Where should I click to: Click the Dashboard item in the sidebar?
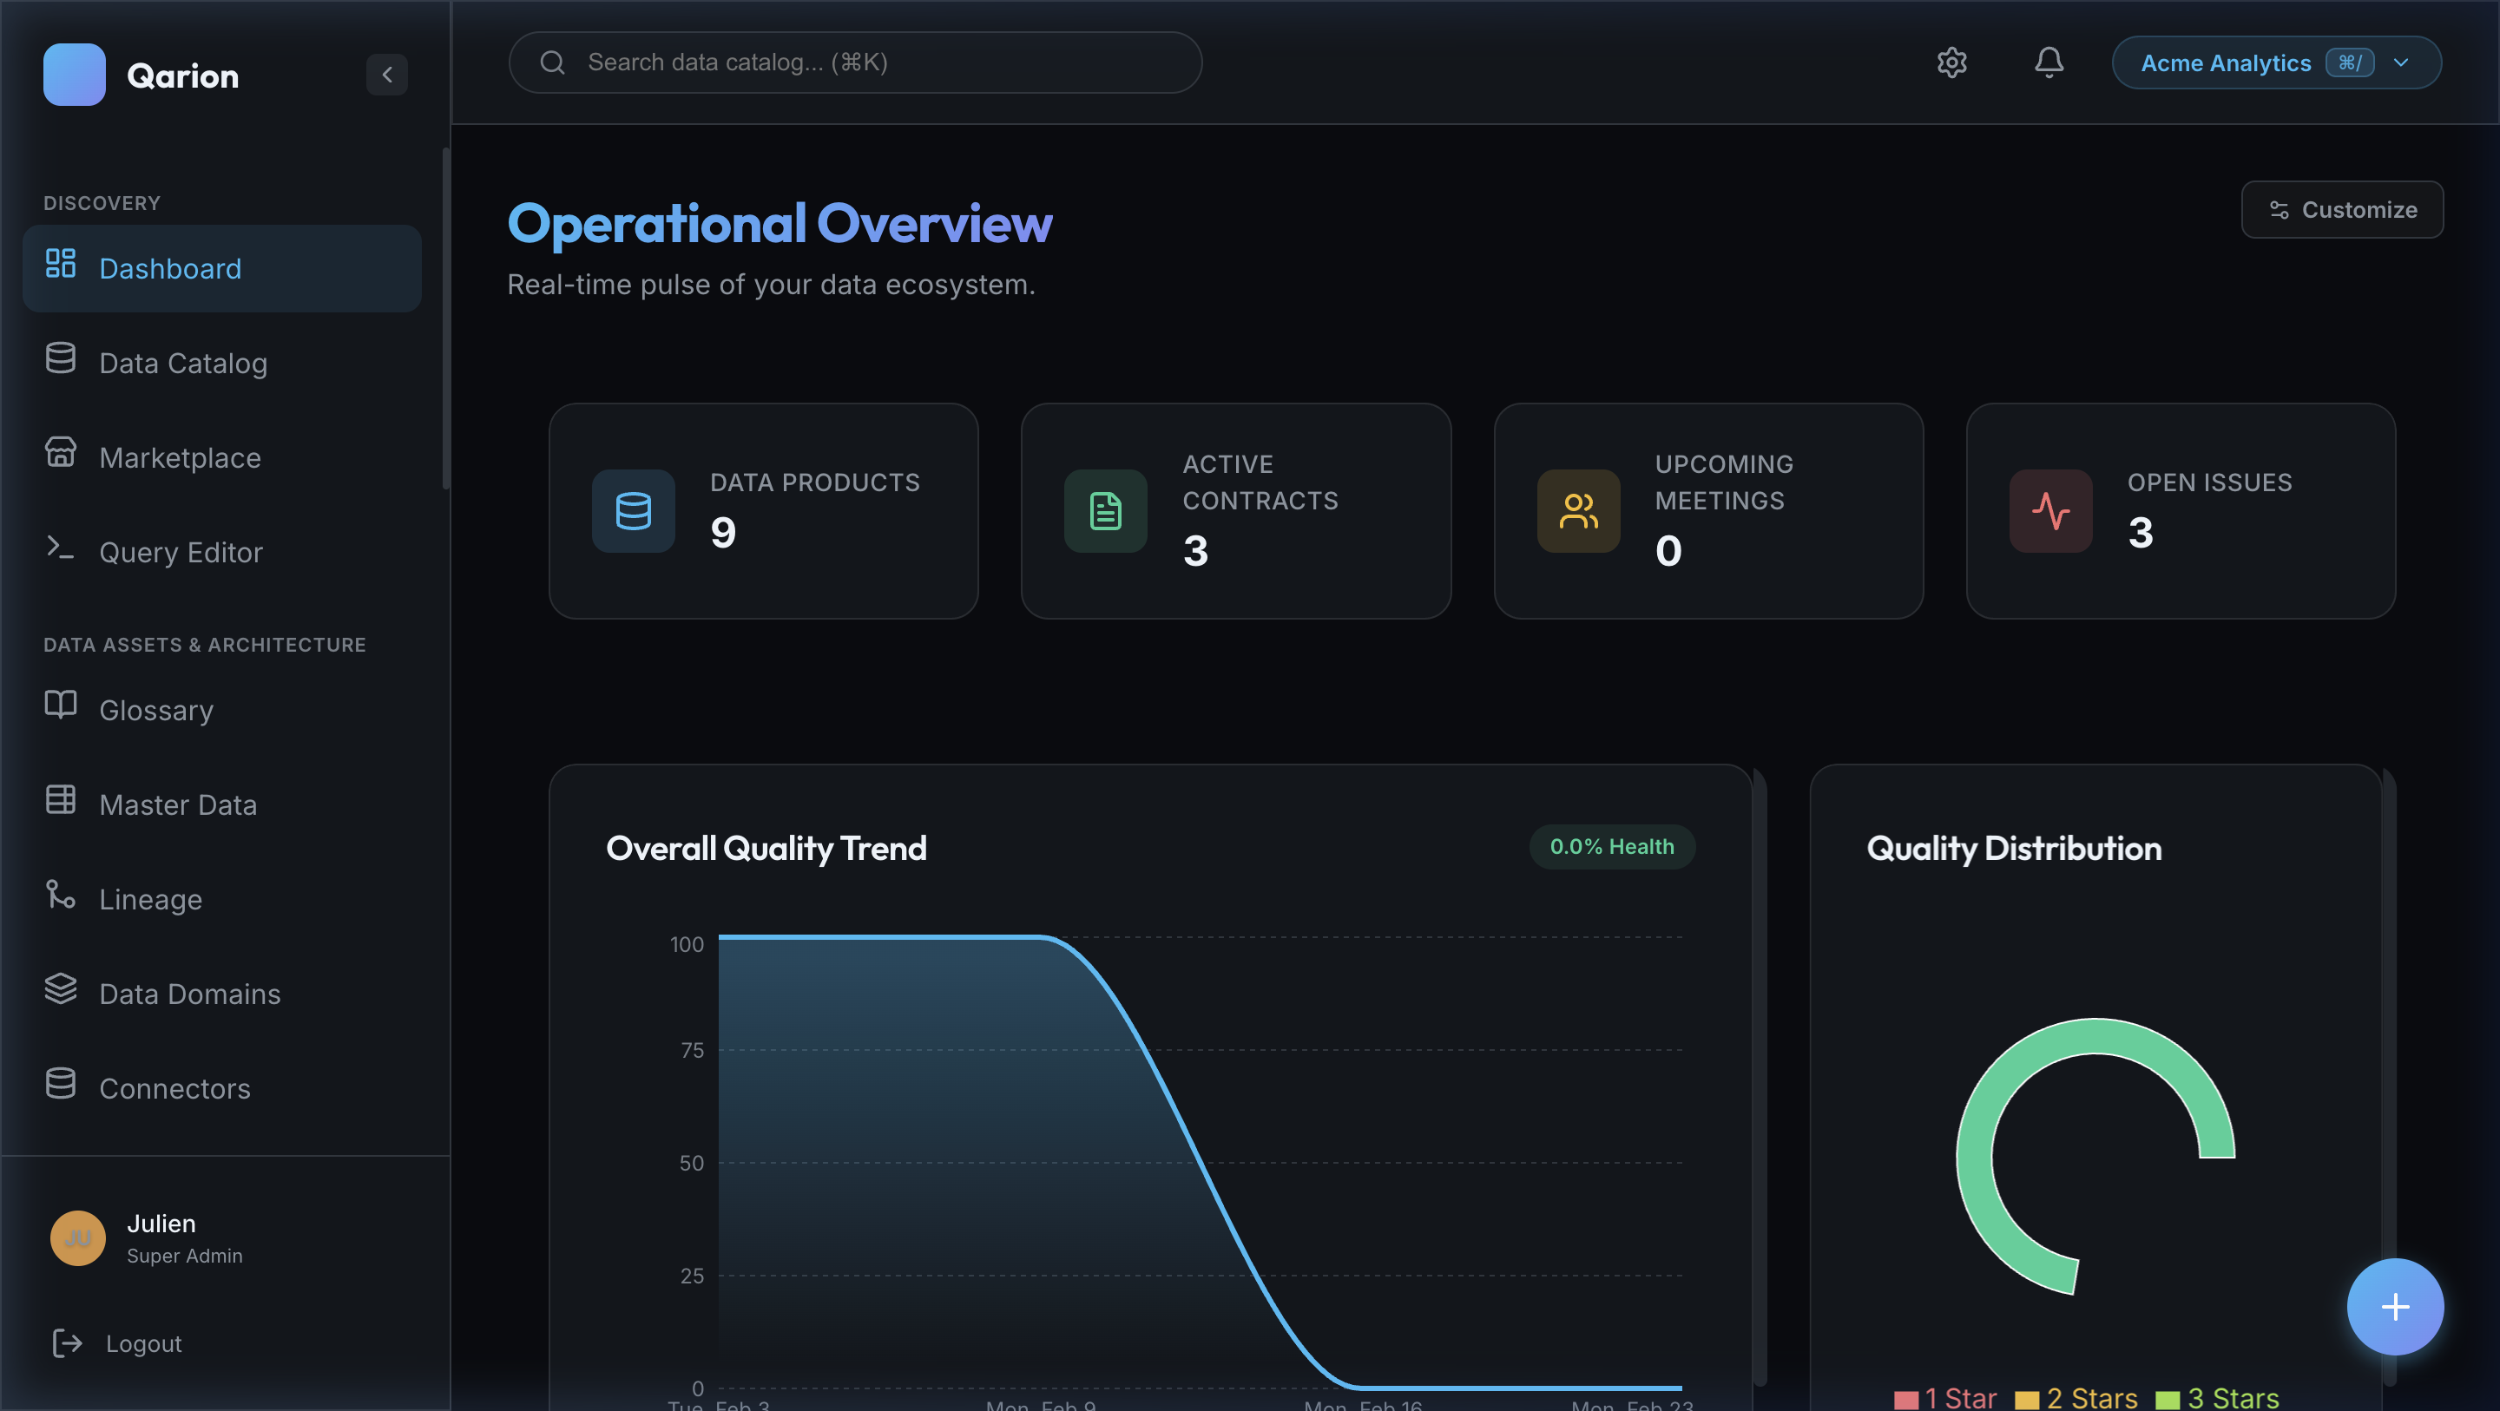point(221,269)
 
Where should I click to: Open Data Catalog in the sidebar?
point(182,363)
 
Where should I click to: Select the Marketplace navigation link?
point(180,457)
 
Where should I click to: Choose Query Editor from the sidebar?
point(181,552)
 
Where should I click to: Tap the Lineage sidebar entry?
point(150,899)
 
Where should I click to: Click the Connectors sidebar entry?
point(174,1088)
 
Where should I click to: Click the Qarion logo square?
point(75,75)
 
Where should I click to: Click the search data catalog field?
point(854,62)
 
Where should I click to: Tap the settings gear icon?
point(1951,62)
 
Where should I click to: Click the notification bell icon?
point(2049,62)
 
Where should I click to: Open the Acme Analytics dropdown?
point(2276,62)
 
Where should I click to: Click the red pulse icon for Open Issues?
point(2050,511)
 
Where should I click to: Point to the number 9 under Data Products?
point(723,532)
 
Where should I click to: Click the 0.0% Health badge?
point(1611,846)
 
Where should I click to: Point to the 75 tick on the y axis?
point(692,1050)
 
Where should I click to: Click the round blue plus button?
point(2394,1306)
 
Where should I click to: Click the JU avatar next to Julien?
point(77,1237)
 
